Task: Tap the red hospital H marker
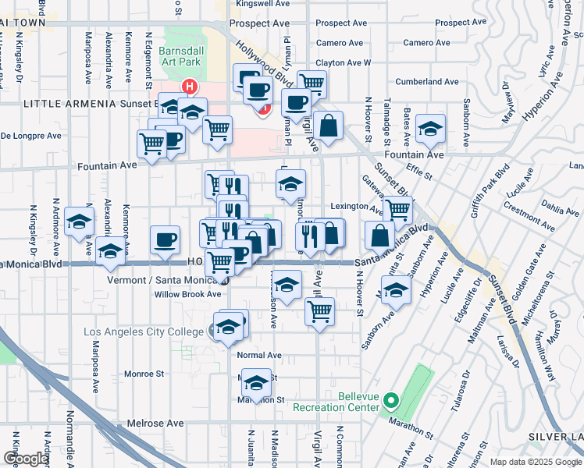[188, 86]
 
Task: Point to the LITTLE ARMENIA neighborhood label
[69, 103]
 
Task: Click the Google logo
[26, 459]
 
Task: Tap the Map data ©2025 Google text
[535, 462]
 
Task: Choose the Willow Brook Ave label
[187, 294]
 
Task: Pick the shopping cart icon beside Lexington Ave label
[398, 209]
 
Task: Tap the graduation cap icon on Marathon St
[256, 382]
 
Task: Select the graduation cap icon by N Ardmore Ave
[79, 222]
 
